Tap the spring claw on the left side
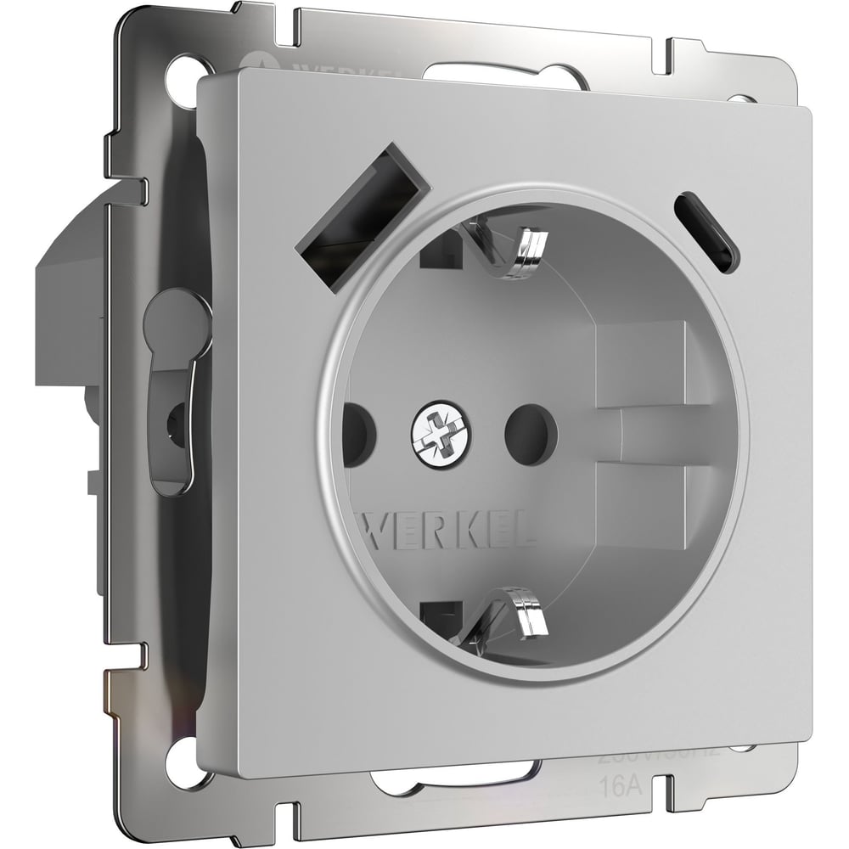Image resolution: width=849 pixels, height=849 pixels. [174, 391]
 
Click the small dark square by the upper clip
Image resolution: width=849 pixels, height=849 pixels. [435, 250]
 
